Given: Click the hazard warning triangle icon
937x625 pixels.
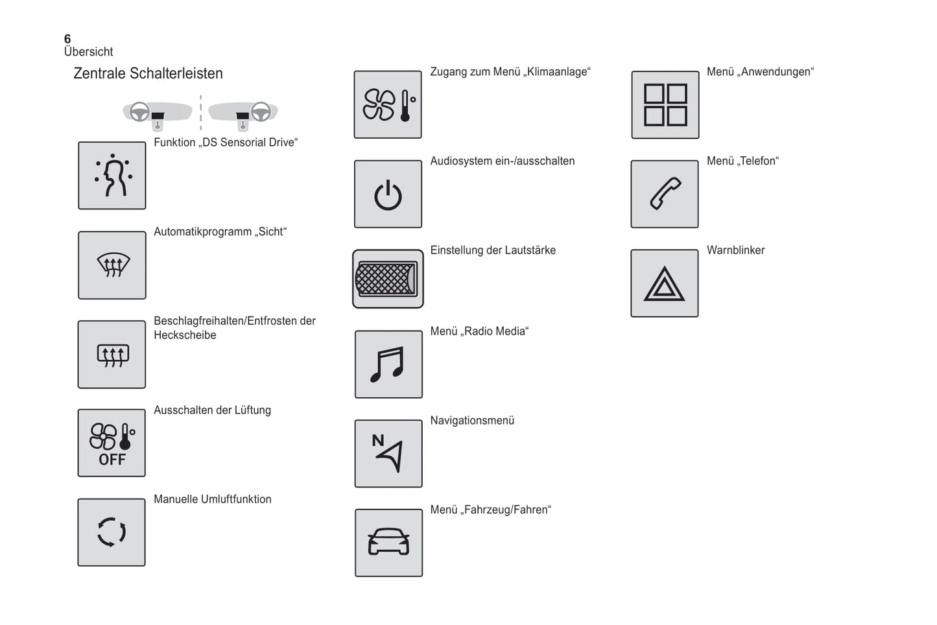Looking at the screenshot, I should click(x=664, y=284).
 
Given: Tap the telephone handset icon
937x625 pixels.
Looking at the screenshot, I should click(x=665, y=194).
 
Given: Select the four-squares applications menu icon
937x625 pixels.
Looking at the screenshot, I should click(x=665, y=104).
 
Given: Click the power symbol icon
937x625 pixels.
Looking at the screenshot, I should click(x=388, y=195).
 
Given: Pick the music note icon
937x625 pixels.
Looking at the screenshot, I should click(x=388, y=364).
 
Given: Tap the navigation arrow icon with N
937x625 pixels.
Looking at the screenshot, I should click(x=388, y=453).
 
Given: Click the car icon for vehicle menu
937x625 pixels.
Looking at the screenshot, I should click(x=388, y=543).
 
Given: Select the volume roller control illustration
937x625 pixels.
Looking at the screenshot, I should click(x=387, y=279).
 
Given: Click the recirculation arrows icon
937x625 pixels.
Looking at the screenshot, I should click(x=112, y=532).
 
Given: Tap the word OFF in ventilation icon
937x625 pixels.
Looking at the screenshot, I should click(x=112, y=460).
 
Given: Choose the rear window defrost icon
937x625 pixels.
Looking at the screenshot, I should click(x=112, y=355).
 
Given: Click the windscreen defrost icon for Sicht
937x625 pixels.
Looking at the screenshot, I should click(x=112, y=265).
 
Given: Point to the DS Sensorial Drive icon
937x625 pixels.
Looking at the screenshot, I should click(x=112, y=176).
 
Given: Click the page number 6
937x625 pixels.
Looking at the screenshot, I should click(x=67, y=39).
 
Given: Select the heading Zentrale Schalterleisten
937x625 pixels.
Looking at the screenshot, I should click(x=148, y=73).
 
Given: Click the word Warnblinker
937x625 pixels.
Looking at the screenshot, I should click(x=735, y=250).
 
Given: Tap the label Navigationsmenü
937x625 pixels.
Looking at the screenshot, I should click(x=472, y=420).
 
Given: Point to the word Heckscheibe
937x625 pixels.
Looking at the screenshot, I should click(x=185, y=335).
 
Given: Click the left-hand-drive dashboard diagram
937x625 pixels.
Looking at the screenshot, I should click(x=158, y=114).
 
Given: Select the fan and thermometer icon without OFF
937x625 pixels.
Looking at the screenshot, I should click(x=388, y=104).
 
